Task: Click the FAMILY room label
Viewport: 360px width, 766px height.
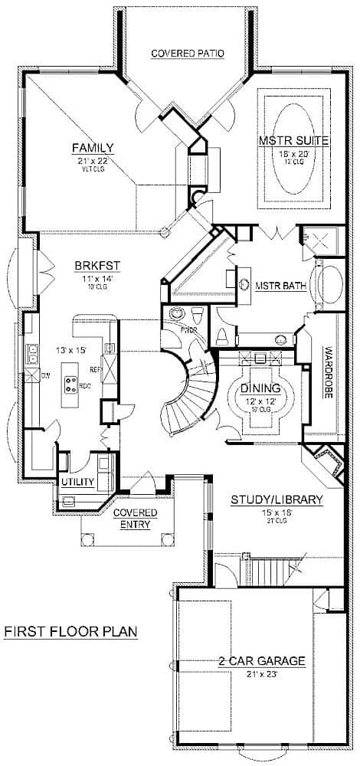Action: (x=93, y=148)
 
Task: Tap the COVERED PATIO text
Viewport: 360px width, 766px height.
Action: (x=188, y=54)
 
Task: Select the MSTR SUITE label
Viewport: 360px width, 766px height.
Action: (x=283, y=141)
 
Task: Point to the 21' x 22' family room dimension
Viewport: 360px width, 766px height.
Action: (x=93, y=162)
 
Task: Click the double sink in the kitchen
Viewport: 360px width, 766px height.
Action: (x=34, y=353)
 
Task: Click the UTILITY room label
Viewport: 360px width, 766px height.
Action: (x=77, y=482)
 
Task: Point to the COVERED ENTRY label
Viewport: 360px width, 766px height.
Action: (x=135, y=519)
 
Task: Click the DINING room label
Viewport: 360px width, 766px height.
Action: (x=261, y=389)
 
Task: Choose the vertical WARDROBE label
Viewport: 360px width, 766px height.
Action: (x=327, y=375)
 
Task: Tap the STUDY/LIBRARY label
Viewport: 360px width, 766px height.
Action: (x=277, y=500)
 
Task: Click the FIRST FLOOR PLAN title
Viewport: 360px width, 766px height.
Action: (x=70, y=632)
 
